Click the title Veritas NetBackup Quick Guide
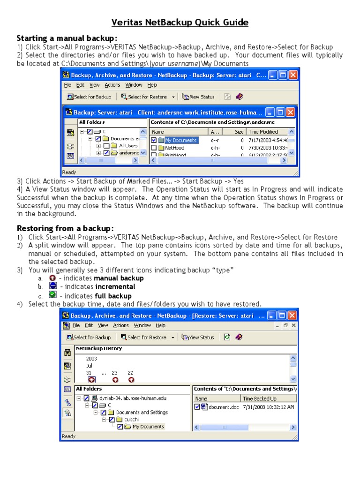point(180,22)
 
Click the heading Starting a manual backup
point(67,38)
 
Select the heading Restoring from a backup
point(65,228)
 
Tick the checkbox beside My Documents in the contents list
point(154,140)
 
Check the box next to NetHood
point(154,148)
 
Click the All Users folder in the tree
point(128,146)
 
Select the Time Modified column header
point(263,132)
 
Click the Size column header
point(239,132)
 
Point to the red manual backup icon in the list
point(52,277)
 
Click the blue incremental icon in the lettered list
point(52,286)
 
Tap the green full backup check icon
point(52,295)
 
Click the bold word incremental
point(115,287)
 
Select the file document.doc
point(223,407)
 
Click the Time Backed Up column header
point(260,398)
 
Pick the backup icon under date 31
point(91,380)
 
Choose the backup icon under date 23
point(115,380)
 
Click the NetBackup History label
point(99,349)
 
